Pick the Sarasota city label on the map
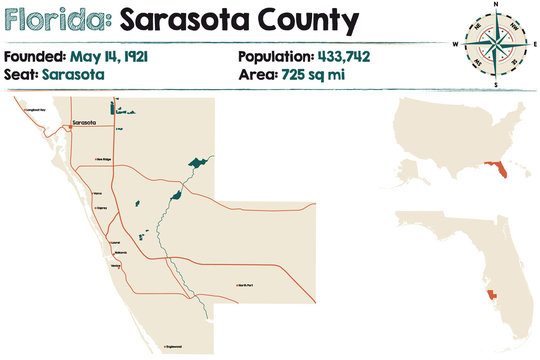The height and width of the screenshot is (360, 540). pos(84,123)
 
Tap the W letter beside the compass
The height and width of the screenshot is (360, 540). pos(455,45)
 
